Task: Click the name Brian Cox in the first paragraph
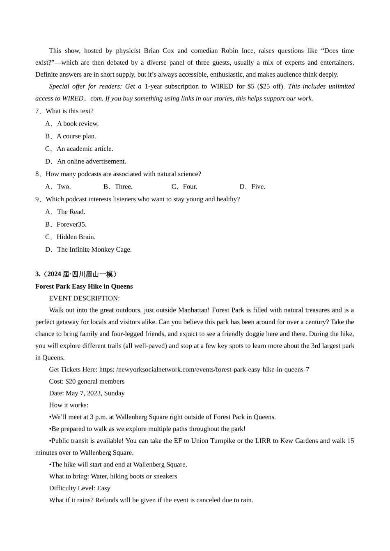pyautogui.click(x=159, y=51)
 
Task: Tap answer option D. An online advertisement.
pyautogui.click(x=86, y=162)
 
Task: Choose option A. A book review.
pyautogui.click(x=72, y=124)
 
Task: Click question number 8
pyautogui.click(x=38, y=174)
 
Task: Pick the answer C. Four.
pyautogui.click(x=184, y=187)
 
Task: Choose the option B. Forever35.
pyautogui.click(x=66, y=225)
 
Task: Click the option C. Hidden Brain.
pyautogui.click(x=71, y=237)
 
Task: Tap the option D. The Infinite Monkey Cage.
pyautogui.click(x=89, y=250)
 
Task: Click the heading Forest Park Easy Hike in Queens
pyautogui.click(x=84, y=287)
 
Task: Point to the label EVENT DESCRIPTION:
pyautogui.click(x=84, y=298)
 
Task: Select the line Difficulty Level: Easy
pyautogui.click(x=80, y=489)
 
